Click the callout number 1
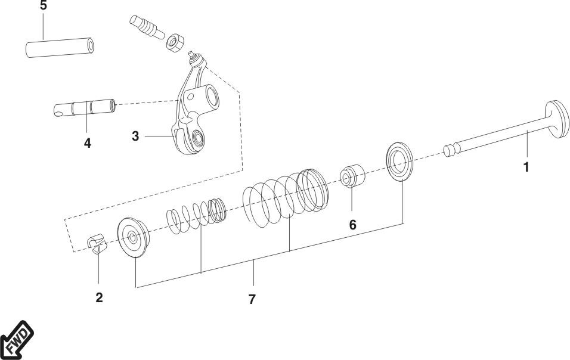[x=526, y=167]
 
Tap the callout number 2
[x=99, y=297]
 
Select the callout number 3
[x=135, y=136]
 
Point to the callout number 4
[x=87, y=143]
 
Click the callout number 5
[x=44, y=5]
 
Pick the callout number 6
[x=352, y=225]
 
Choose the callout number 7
[x=252, y=299]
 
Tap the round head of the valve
[x=557, y=119]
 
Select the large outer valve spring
[x=286, y=198]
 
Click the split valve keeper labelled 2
[x=97, y=244]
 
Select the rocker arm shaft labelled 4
[x=85, y=108]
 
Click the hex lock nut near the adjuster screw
[x=175, y=42]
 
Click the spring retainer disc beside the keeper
[x=134, y=238]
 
